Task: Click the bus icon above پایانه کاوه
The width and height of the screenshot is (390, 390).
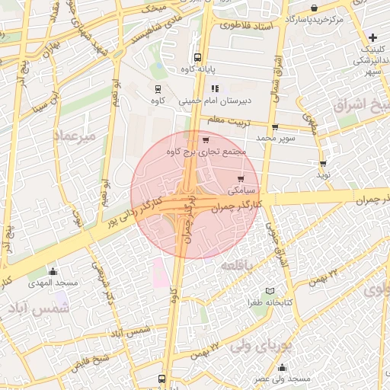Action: click(198, 57)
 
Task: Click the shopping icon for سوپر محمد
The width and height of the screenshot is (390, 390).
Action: click(274, 127)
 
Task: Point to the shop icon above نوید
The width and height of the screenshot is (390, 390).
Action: click(323, 163)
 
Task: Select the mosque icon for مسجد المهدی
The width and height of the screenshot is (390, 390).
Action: click(53, 271)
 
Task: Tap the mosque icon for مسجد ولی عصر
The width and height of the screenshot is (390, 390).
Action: click(282, 367)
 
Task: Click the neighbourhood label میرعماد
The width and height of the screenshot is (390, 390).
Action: click(75, 136)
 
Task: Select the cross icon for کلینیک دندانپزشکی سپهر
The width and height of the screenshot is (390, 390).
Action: click(372, 37)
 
